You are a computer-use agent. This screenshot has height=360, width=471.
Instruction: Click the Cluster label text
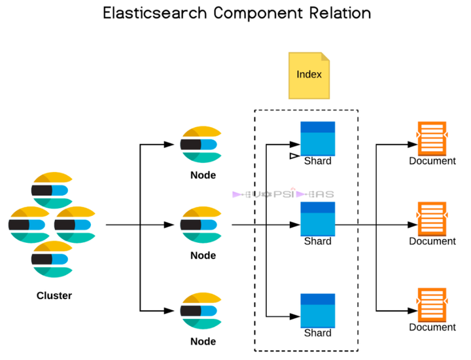pyautogui.click(x=54, y=296)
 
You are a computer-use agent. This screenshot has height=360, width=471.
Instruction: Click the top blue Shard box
pyautogui.click(x=317, y=137)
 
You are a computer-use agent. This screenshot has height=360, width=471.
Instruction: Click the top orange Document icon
pyautogui.click(x=432, y=137)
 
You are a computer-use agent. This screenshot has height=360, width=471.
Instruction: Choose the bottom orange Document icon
pyautogui.click(x=432, y=304)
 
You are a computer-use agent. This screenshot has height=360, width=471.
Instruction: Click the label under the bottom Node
pyautogui.click(x=203, y=342)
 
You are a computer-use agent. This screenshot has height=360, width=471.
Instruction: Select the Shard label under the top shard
pyautogui.click(x=318, y=161)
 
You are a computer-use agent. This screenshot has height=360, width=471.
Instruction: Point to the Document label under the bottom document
pyautogui.click(x=432, y=327)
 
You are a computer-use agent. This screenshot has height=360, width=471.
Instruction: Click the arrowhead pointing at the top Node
pyautogui.click(x=175, y=145)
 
